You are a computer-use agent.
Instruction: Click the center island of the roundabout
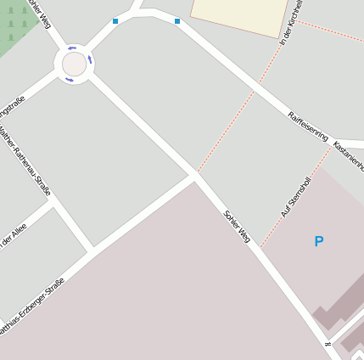point(74,64)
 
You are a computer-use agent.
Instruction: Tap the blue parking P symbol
point(319,242)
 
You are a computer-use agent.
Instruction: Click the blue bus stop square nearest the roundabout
point(115,21)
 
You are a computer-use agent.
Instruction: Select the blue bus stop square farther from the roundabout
point(177,20)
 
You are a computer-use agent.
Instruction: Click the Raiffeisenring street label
point(307,125)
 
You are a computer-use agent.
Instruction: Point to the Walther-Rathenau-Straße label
point(25,160)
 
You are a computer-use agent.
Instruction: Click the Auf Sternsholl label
point(296,197)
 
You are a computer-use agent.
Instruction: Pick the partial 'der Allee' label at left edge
point(13,232)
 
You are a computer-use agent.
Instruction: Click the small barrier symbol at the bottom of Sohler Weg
point(328,345)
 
